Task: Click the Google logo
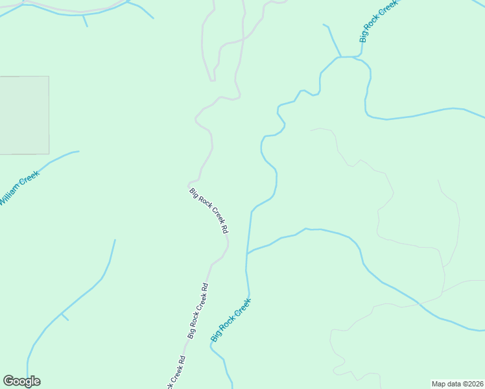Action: pyautogui.click(x=21, y=381)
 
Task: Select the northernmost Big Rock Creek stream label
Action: pyautogui.click(x=378, y=22)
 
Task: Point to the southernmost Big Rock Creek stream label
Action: pyautogui.click(x=231, y=320)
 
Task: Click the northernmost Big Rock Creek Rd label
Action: pyautogui.click(x=209, y=211)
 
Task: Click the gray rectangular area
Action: pyautogui.click(x=24, y=115)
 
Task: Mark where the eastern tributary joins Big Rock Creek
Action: pyautogui.click(x=247, y=253)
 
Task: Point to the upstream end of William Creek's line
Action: pyautogui.click(x=78, y=152)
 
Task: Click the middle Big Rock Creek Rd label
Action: pyautogui.click(x=197, y=311)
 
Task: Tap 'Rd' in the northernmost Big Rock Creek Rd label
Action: pyautogui.click(x=224, y=229)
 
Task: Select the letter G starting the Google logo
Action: pyautogui.click(x=8, y=381)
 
